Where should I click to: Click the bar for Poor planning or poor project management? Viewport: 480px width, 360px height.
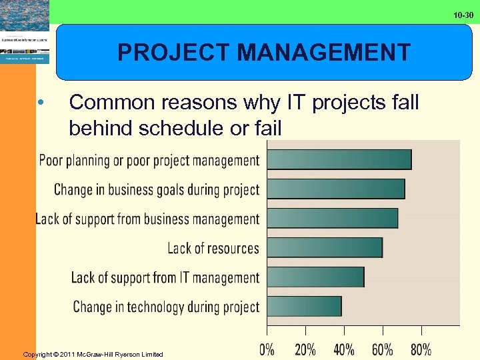[x=339, y=160]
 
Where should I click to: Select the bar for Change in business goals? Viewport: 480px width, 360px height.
[x=335, y=189]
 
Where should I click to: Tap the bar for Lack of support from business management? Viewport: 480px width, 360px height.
[x=332, y=219]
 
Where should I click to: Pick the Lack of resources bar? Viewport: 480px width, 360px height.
[x=325, y=248]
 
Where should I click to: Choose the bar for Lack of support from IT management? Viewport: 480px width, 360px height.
[x=315, y=277]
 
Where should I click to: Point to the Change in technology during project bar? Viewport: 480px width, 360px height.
[x=304, y=307]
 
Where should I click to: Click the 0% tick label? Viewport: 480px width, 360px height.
[x=267, y=349]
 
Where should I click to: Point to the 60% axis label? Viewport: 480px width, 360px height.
[x=383, y=349]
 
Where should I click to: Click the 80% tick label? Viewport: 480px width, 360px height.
[x=421, y=349]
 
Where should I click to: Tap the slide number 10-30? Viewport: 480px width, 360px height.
[x=463, y=15]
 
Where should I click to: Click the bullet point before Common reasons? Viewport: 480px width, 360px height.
[x=41, y=103]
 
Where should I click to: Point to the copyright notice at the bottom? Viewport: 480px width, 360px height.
[x=93, y=354]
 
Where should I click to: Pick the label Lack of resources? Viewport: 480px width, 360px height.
[x=213, y=249]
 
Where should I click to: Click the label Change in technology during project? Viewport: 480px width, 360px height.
[x=165, y=307]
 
